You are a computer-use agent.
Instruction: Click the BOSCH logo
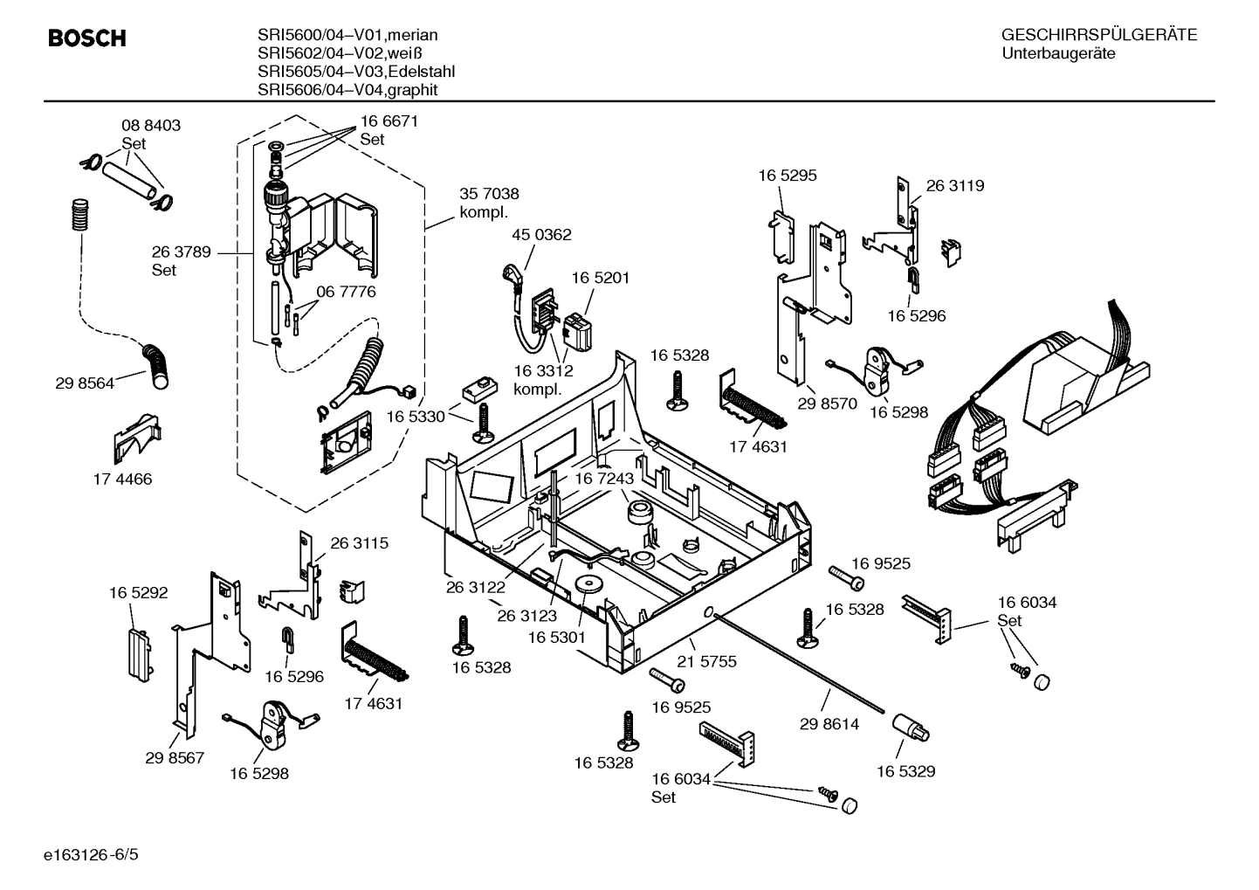coord(86,38)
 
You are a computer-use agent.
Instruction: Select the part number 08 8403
coord(150,126)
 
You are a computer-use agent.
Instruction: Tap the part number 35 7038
coord(489,194)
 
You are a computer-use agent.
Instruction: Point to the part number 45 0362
coord(541,235)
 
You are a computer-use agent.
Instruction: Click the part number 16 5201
coord(601,278)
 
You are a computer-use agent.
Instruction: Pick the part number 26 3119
coord(954,186)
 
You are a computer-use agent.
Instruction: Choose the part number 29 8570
coord(828,404)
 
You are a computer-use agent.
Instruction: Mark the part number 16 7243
coord(603,479)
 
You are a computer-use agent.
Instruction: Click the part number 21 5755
coord(707,662)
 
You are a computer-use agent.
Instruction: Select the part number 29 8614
coord(829,724)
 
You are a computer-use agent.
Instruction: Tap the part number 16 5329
coord(905,771)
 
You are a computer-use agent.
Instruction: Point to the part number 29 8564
coord(85,383)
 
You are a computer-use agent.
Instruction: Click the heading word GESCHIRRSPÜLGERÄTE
coord(1098,35)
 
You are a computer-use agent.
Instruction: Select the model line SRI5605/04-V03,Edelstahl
coord(356,72)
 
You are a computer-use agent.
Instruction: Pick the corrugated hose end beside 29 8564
coord(160,366)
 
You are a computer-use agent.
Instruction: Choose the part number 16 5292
coord(138,593)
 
